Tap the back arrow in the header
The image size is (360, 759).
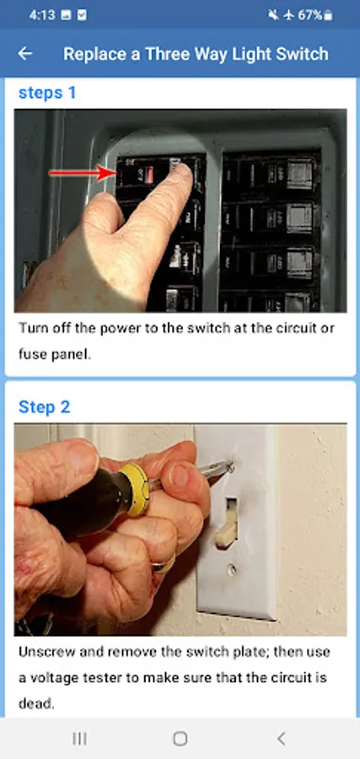pyautogui.click(x=24, y=53)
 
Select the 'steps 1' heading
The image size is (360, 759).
pyautogui.click(x=47, y=93)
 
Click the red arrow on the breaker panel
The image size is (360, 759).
pyautogui.click(x=83, y=173)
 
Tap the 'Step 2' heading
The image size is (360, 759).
pyautogui.click(x=44, y=406)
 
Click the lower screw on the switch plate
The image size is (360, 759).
pyautogui.click(x=232, y=570)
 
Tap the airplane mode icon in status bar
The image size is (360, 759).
pyautogui.click(x=288, y=15)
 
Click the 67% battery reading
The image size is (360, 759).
pyautogui.click(x=309, y=15)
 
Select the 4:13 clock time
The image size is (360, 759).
pyautogui.click(x=42, y=15)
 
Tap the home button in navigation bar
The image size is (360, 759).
pyautogui.click(x=180, y=738)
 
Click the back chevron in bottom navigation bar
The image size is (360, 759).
pyautogui.click(x=281, y=738)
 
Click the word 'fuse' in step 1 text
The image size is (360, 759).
pyautogui.click(x=31, y=354)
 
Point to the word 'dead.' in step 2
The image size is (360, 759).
pyautogui.click(x=36, y=703)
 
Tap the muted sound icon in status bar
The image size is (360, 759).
pyautogui.click(x=273, y=15)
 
